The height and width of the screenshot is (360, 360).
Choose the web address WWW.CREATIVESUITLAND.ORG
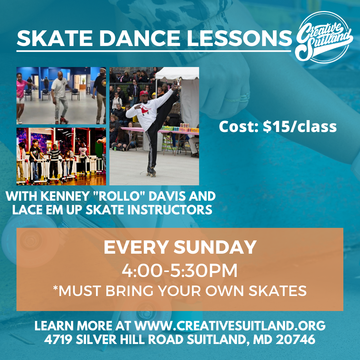(x=230, y=326)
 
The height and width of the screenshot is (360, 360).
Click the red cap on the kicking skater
(x=144, y=93)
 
